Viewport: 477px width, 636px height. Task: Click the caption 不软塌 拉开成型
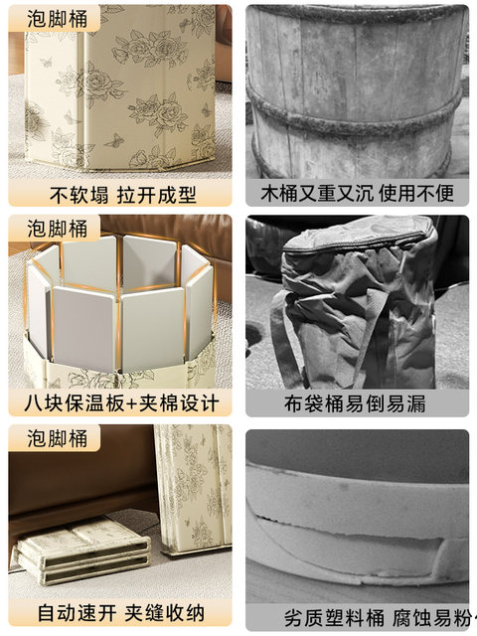[x=119, y=192]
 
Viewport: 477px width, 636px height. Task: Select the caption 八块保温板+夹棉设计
[x=119, y=402]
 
